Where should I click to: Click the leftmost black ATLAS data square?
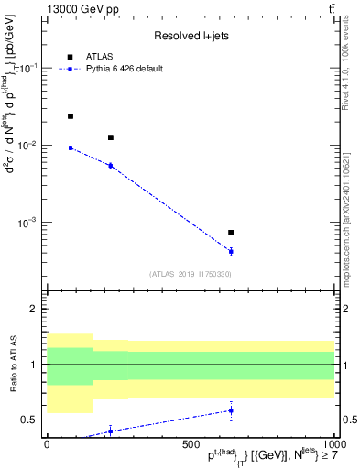(71, 116)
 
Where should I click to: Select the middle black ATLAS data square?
(111, 137)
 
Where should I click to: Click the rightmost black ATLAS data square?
(231, 233)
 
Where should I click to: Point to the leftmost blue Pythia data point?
(71, 147)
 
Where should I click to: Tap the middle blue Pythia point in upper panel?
(111, 166)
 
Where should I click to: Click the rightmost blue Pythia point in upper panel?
(231, 251)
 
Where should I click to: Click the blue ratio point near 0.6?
(231, 410)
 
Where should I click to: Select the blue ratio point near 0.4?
(111, 431)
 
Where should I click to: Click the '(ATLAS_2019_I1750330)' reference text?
(190, 274)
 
